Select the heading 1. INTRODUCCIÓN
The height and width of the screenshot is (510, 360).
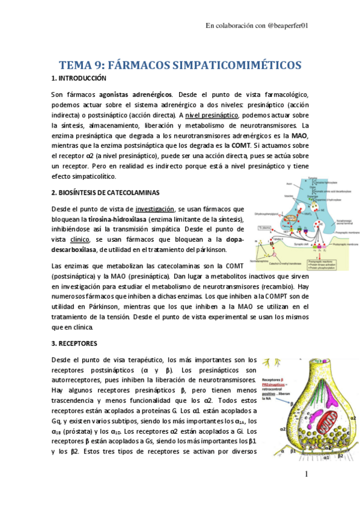click(79, 79)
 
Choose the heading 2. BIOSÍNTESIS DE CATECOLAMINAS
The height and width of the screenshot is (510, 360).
click(106, 192)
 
